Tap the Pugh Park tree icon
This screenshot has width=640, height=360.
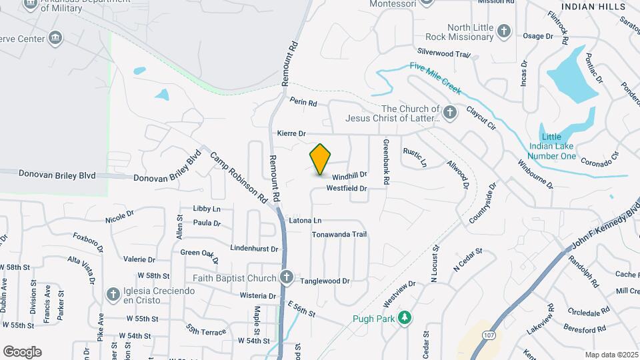tap(403, 318)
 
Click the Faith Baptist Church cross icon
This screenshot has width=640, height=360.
tap(287, 277)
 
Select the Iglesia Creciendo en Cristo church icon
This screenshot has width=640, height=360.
tap(113, 294)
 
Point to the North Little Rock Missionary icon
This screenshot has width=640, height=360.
tap(503, 31)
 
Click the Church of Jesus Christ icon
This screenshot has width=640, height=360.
tap(450, 113)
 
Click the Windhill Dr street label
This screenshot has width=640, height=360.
tap(350, 176)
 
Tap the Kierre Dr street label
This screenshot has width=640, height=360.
tap(291, 134)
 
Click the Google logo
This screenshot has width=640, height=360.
tap(22, 351)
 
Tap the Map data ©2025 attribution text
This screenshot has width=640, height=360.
tap(611, 355)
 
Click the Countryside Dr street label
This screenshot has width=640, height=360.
tap(483, 204)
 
